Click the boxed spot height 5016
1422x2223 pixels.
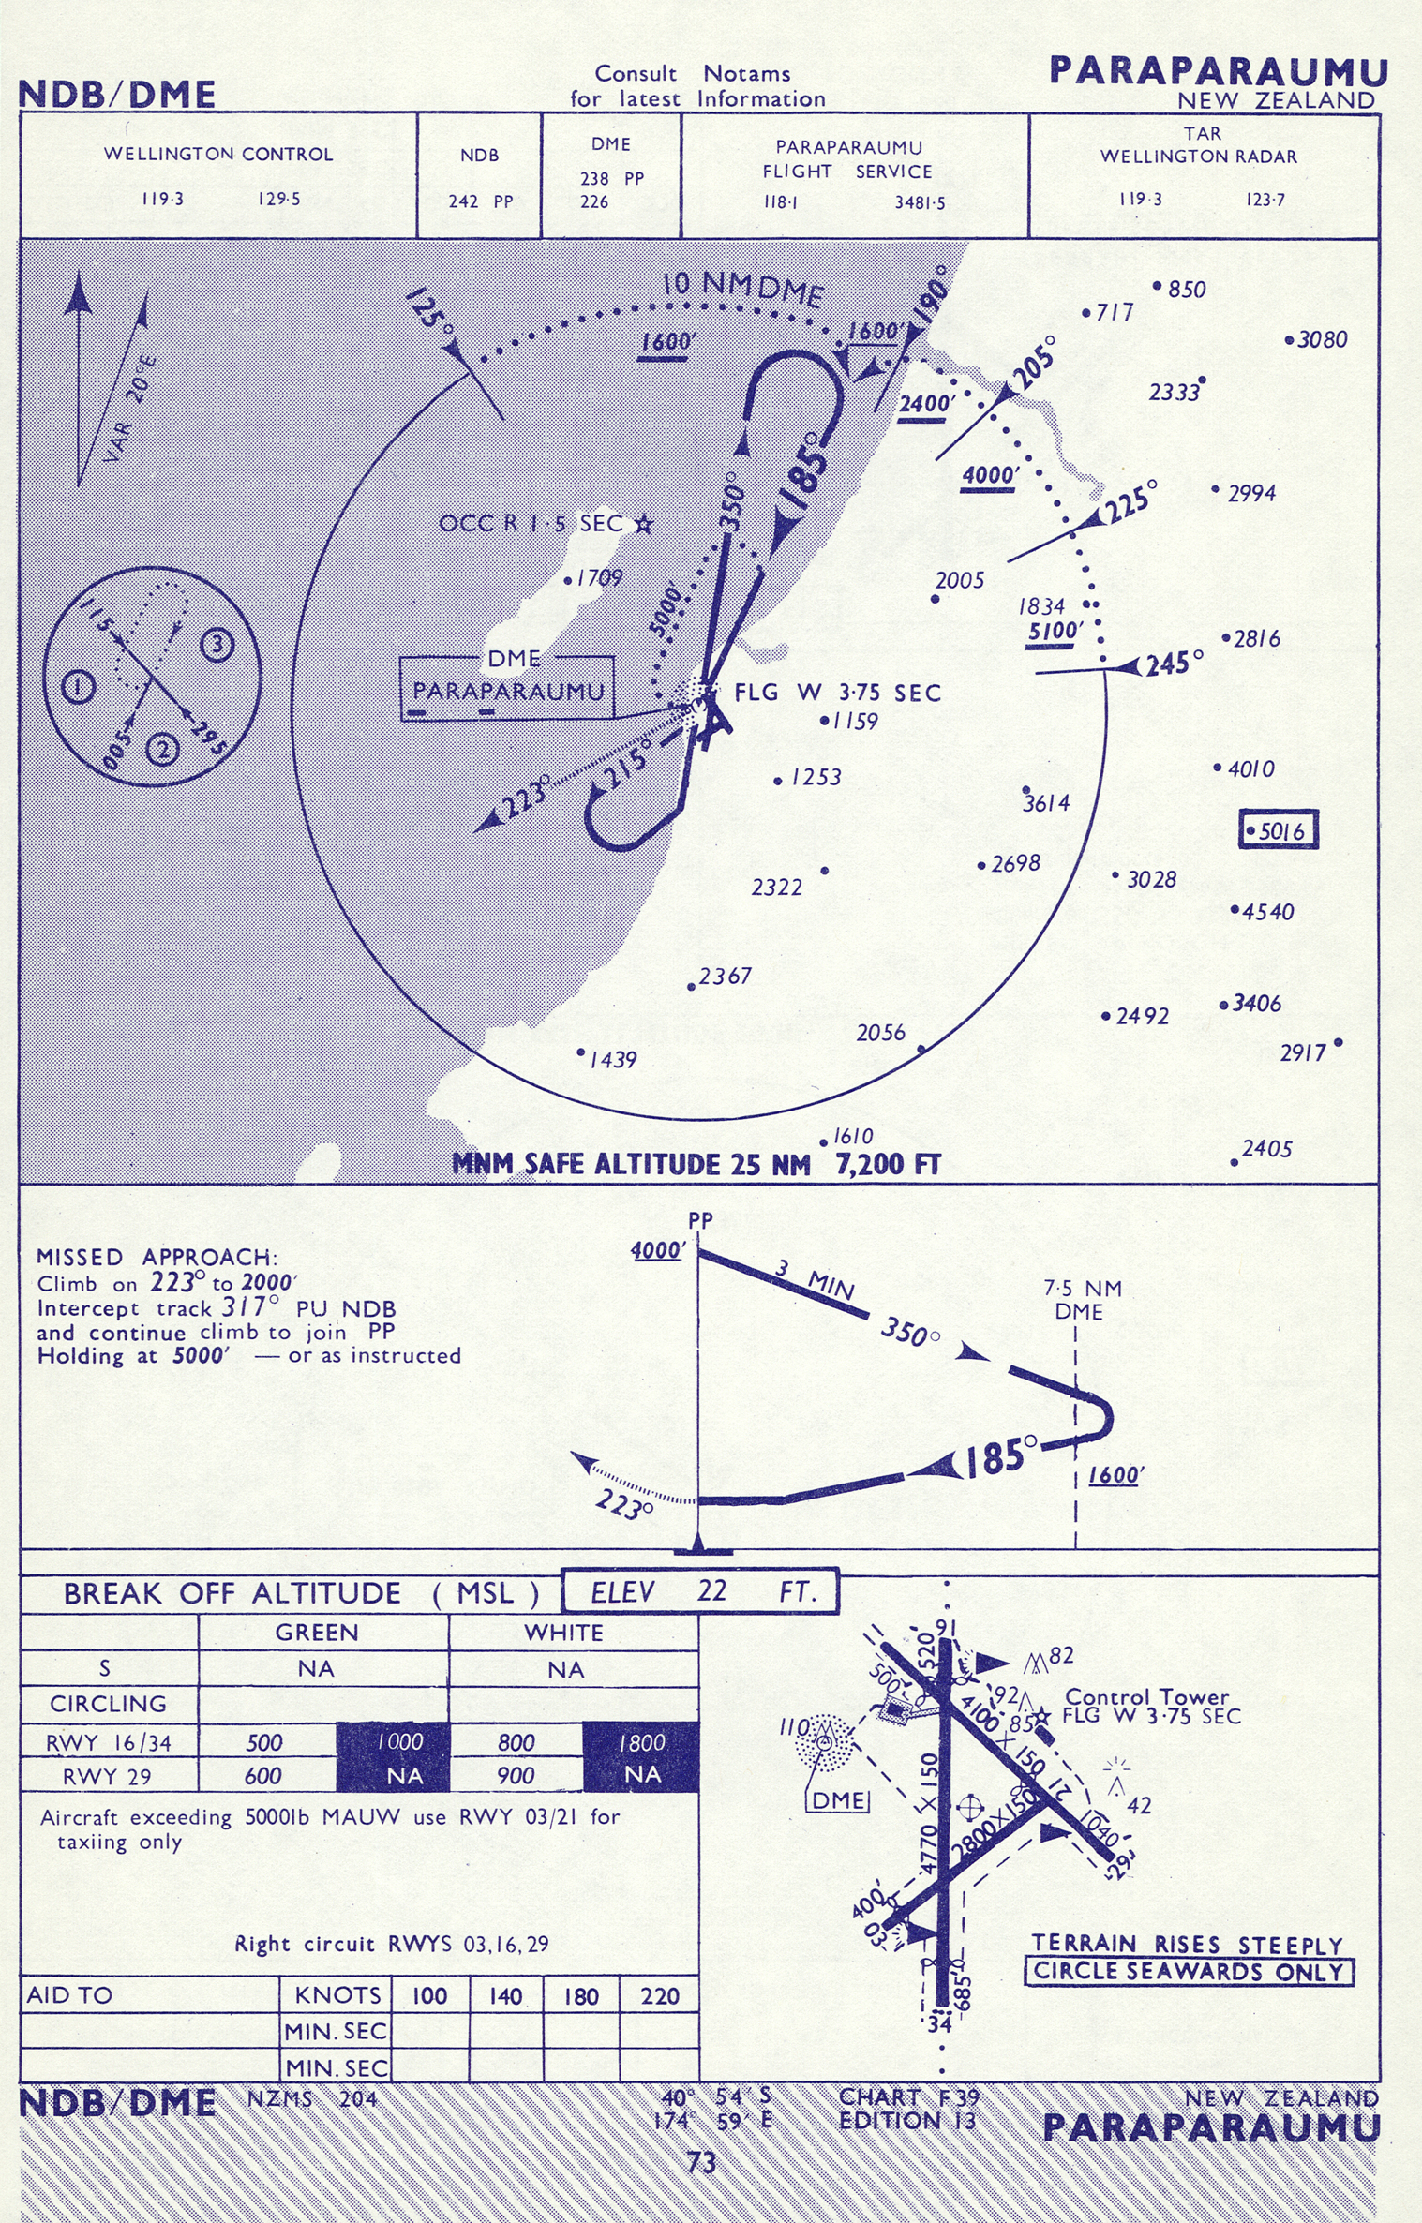1279,829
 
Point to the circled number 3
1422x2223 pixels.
217,645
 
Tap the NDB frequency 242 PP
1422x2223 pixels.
480,201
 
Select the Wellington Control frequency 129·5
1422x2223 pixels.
279,199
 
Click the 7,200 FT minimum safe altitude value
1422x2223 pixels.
887,1164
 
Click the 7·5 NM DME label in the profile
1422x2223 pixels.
1082,1300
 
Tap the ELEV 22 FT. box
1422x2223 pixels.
700,1591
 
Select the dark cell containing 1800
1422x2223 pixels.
641,1742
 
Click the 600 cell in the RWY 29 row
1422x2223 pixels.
263,1776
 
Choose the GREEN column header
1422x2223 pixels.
317,1633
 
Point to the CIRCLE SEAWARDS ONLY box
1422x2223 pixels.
1189,1972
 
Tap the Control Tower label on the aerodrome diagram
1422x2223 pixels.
1146,1697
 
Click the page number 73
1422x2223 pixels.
702,2162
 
